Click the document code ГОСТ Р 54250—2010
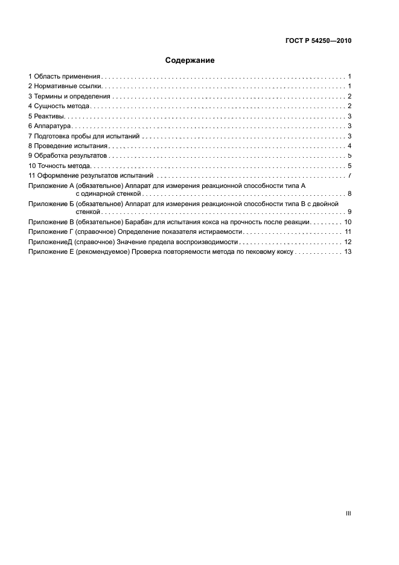[318, 41]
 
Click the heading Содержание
[190, 60]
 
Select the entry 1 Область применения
[64, 77]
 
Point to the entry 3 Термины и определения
[69, 96]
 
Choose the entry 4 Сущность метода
[59, 106]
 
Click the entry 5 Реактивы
[46, 116]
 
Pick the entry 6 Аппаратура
[50, 126]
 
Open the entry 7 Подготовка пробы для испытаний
[84, 136]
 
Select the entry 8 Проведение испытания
[68, 146]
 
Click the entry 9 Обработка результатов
[67, 156]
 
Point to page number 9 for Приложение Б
[350, 212]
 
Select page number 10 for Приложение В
[348, 222]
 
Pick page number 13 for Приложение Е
[348, 251]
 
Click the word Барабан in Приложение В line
[143, 222]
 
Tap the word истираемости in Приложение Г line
[221, 232]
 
